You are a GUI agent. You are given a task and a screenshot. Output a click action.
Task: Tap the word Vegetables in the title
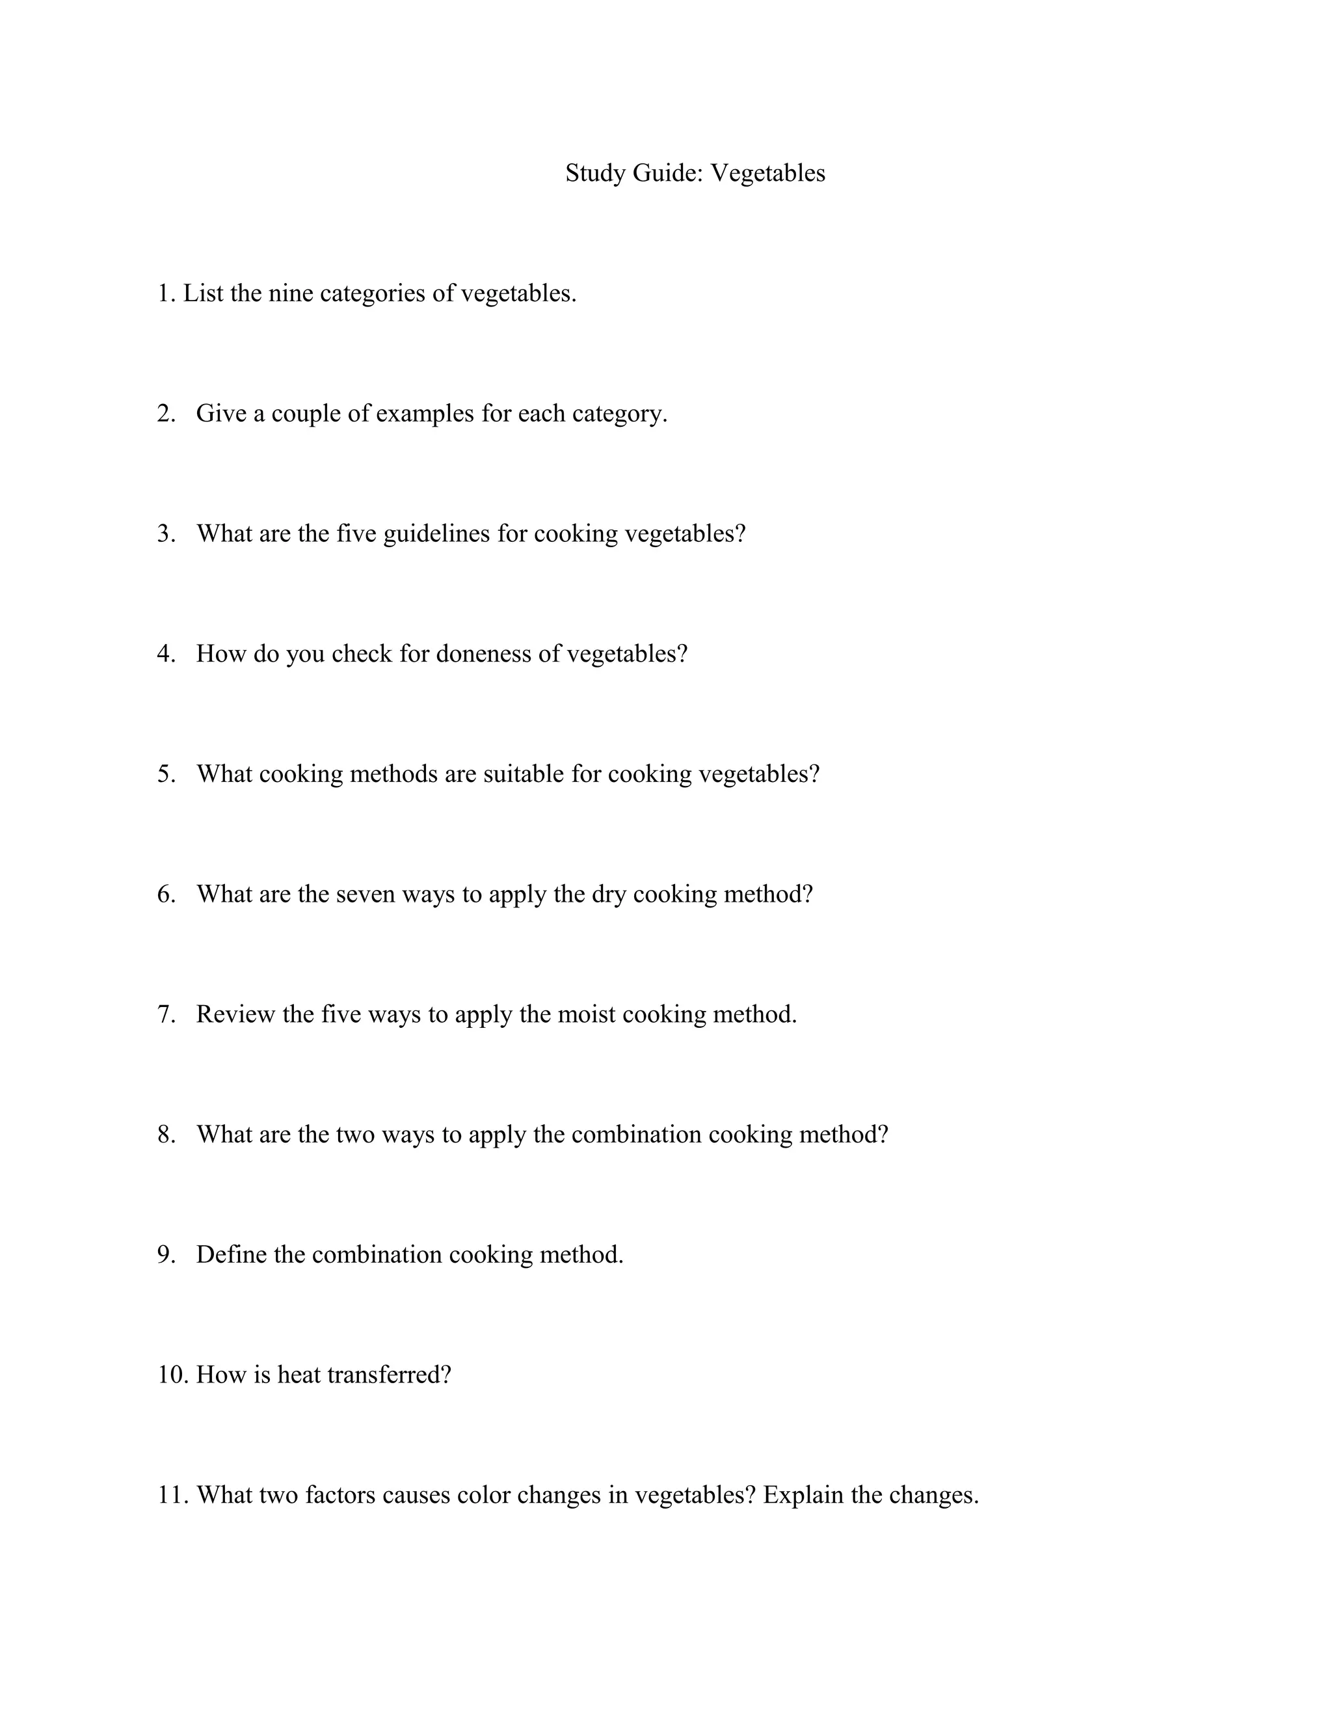click(x=768, y=173)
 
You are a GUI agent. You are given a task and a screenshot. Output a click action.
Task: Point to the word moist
click(x=586, y=1014)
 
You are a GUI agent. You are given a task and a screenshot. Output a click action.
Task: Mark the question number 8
click(x=166, y=1135)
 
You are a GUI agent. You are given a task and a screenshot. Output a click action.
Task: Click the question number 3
click(x=166, y=533)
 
